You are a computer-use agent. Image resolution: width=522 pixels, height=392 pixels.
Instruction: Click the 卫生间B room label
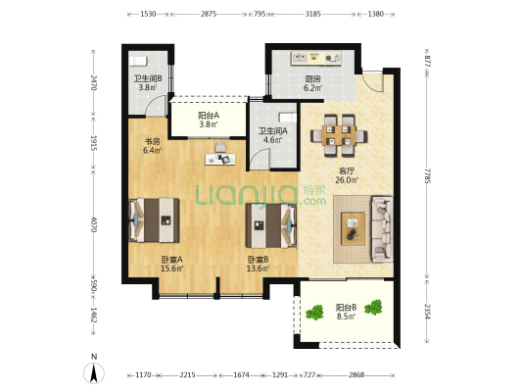(148, 79)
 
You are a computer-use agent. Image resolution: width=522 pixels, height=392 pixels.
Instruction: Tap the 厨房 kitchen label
(312, 79)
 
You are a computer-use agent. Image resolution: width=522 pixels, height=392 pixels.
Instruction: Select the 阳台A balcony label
(209, 116)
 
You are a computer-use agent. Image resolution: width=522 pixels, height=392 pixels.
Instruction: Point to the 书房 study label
(152, 142)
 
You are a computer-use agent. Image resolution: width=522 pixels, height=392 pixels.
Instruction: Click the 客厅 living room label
(347, 171)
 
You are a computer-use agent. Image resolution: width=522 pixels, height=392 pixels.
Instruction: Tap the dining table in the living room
(339, 136)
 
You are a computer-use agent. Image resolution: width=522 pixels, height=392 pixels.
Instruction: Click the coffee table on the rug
(353, 228)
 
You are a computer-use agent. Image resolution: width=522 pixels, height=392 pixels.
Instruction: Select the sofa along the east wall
(382, 228)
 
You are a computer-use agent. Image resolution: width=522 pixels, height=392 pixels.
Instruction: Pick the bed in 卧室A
(154, 220)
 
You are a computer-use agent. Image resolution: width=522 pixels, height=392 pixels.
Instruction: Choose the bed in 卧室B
(271, 225)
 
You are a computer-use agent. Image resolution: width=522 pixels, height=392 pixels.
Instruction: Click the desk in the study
(220, 159)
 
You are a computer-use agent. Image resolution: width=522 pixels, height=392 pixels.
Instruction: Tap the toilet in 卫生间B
(138, 61)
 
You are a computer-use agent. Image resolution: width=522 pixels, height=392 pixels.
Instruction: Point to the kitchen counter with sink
(316, 58)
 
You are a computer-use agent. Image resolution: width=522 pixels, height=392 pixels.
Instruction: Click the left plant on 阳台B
(314, 313)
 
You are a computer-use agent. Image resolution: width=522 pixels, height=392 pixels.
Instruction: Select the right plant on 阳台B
(373, 308)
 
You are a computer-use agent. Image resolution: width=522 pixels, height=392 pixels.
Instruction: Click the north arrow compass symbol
(94, 373)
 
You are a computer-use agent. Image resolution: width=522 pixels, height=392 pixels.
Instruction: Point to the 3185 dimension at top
(313, 14)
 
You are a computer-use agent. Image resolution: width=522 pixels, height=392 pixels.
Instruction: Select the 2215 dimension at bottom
(187, 375)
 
